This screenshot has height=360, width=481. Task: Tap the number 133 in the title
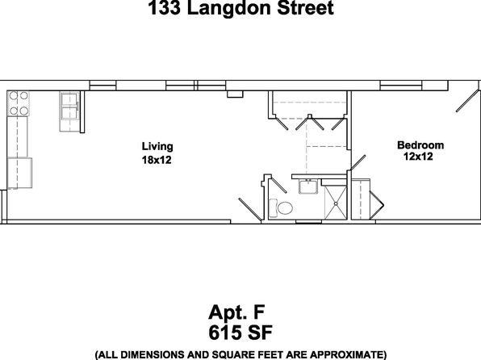pyautogui.click(x=164, y=7)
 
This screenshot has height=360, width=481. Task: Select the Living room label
pyautogui.click(x=157, y=147)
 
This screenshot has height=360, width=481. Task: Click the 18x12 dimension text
pyautogui.click(x=157, y=160)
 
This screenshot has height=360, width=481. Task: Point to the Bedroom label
pyautogui.click(x=420, y=144)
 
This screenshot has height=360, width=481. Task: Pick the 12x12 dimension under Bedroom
pyautogui.click(x=418, y=157)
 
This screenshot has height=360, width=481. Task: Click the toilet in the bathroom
pyautogui.click(x=281, y=208)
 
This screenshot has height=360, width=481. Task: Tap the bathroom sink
pyautogui.click(x=308, y=186)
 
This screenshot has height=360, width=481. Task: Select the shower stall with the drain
pyautogui.click(x=336, y=203)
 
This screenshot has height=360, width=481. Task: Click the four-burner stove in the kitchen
pyautogui.click(x=19, y=103)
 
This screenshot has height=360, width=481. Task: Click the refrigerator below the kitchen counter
pyautogui.click(x=19, y=173)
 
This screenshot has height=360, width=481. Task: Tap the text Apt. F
pyautogui.click(x=236, y=312)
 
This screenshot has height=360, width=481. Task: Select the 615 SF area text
pyautogui.click(x=240, y=333)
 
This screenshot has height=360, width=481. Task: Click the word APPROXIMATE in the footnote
pyautogui.click(x=344, y=354)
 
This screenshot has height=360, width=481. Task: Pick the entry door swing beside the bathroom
pyautogui.click(x=250, y=210)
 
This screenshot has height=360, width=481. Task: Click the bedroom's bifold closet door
pyautogui.click(x=377, y=205)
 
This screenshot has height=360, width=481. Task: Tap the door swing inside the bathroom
pyautogui.click(x=278, y=185)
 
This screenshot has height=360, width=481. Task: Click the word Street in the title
pyautogui.click(x=305, y=8)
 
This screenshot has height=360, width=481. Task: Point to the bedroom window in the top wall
pyautogui.click(x=401, y=86)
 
